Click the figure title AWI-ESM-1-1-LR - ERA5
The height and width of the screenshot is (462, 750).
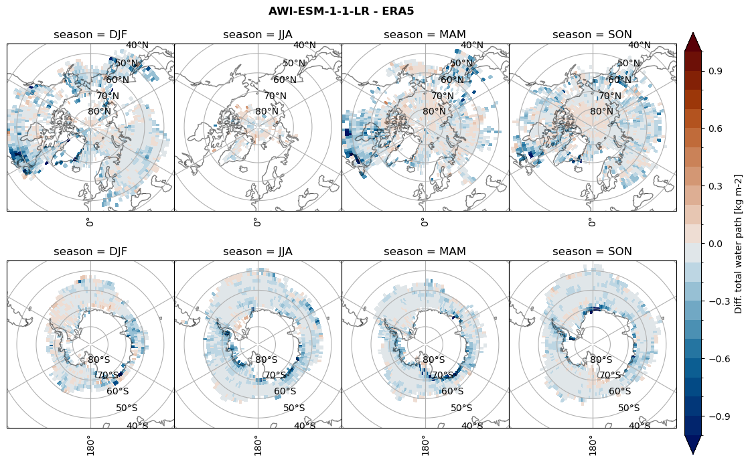point(341,11)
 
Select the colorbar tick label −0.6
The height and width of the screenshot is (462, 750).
point(716,359)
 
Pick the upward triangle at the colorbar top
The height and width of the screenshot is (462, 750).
point(693,42)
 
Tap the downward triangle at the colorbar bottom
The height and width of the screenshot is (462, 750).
point(693,445)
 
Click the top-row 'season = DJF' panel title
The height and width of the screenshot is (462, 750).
point(90,35)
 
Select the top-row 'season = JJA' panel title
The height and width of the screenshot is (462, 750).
point(258,35)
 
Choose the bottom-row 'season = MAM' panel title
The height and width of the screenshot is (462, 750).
point(425,252)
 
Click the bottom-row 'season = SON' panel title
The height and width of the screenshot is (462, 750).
point(593,252)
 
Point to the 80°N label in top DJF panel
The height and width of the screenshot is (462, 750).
point(99,112)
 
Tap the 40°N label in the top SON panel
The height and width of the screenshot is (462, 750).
point(640,46)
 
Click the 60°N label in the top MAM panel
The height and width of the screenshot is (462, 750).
point(452,80)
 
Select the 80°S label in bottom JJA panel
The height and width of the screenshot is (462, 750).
point(267,360)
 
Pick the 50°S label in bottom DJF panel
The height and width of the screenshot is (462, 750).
point(127,408)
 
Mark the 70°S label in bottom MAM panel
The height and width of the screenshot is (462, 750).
point(443,376)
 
